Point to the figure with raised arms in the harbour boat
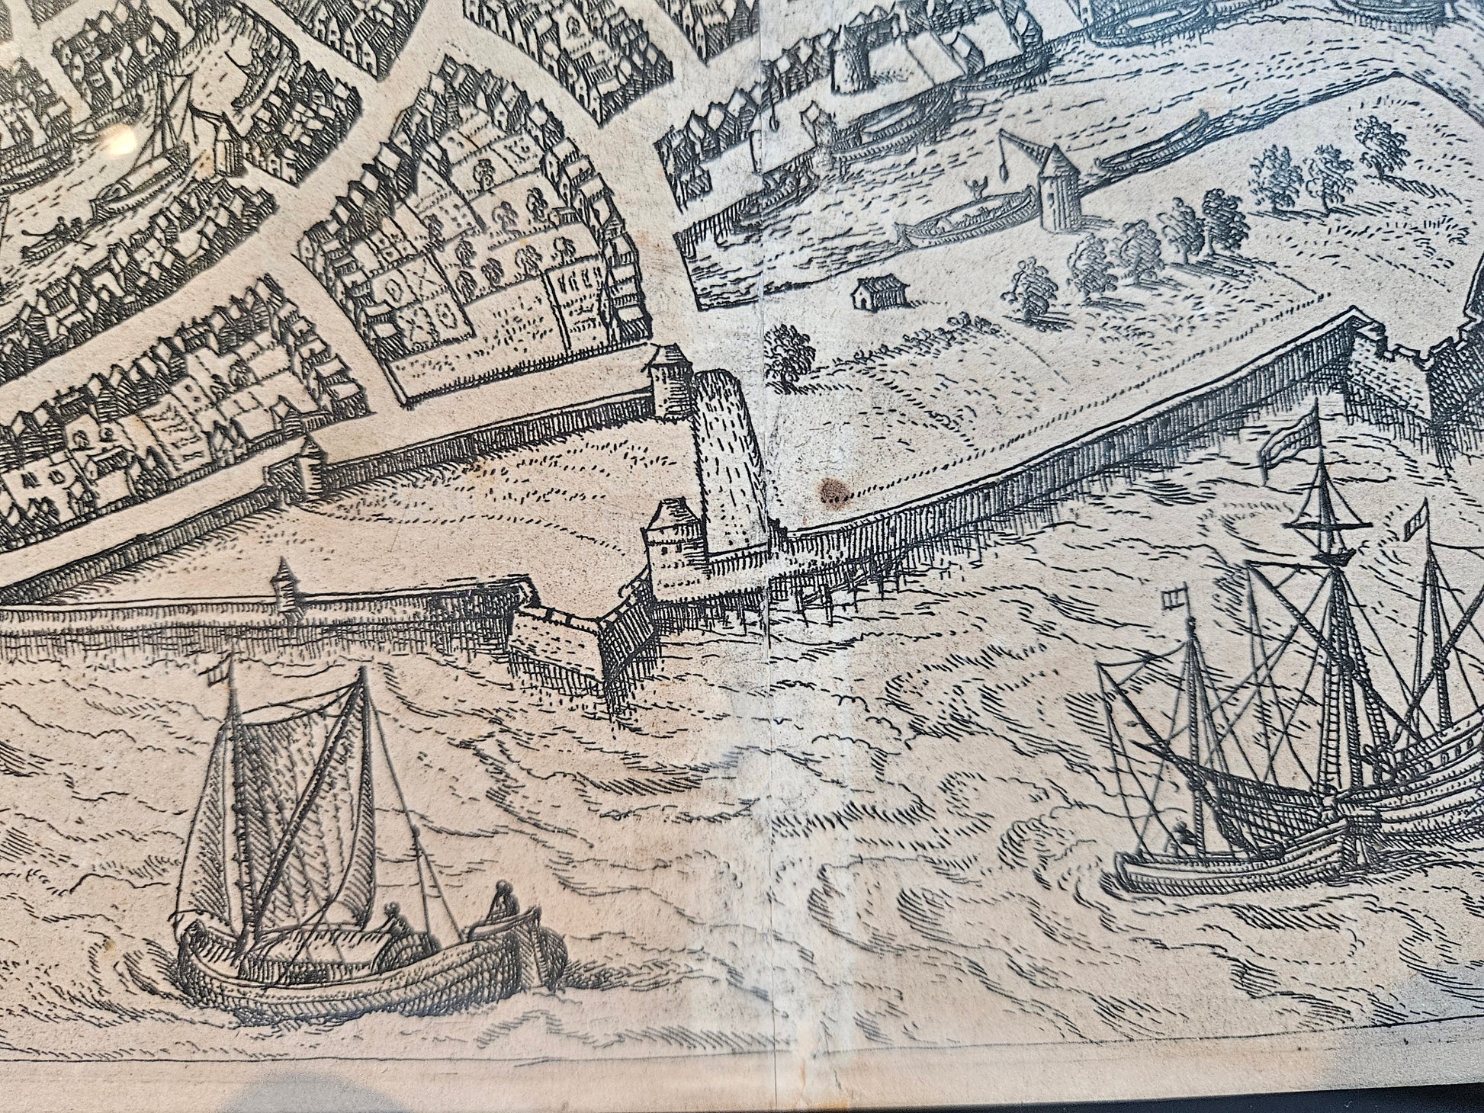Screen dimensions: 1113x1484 click(x=971, y=188)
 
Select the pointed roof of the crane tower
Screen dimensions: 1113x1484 click(x=1058, y=160)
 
